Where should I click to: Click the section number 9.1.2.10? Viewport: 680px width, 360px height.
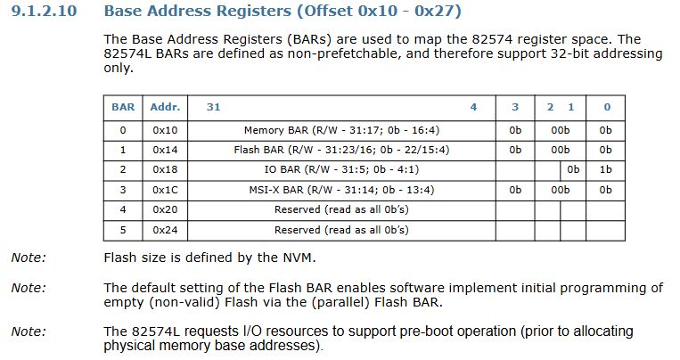44,11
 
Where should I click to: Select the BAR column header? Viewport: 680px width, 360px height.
123,107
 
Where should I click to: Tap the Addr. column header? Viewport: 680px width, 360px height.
165,107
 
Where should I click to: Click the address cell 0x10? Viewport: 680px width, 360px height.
165,130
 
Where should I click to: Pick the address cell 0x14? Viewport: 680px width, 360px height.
165,150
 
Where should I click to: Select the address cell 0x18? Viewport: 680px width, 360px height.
165,169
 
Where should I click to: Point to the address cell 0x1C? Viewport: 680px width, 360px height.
165,190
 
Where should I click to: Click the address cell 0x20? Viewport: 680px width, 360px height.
165,209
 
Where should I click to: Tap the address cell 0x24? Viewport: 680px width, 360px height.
165,229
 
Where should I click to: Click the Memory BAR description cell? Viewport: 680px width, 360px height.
341,130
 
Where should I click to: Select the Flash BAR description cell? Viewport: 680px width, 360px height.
341,150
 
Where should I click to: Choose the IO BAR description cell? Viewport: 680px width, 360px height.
341,169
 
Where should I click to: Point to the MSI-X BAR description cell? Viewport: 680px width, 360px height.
341,190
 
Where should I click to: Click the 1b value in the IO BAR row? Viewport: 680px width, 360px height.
605,169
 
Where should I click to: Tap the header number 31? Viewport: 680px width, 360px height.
213,107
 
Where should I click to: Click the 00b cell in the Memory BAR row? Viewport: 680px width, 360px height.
561,130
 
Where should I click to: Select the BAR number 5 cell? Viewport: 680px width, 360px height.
123,229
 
